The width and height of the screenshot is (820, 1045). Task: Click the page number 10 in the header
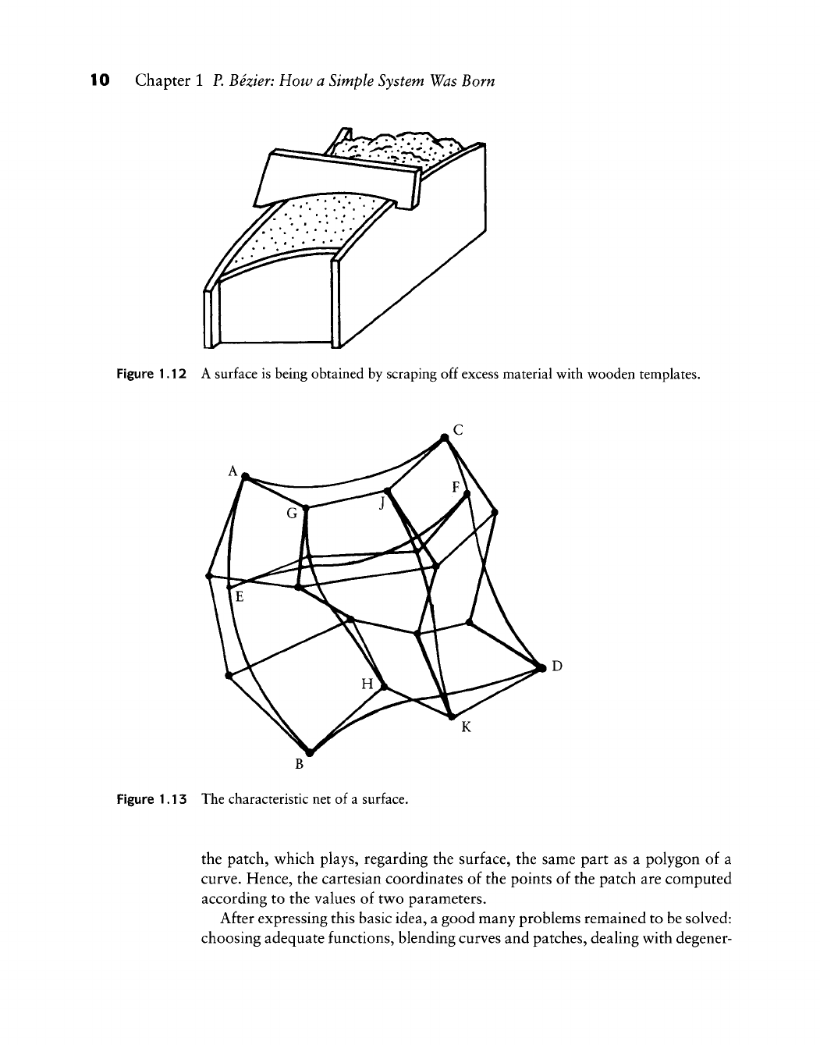coord(101,80)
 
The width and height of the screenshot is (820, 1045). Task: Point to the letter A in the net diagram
coord(232,471)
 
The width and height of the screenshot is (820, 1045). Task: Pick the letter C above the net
coord(458,428)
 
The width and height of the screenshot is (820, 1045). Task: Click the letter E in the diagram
coord(240,598)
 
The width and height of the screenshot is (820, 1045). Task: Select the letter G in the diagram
coord(292,514)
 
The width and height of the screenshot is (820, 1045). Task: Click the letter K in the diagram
coord(466,727)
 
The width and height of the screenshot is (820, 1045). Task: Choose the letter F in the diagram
coord(457,488)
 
